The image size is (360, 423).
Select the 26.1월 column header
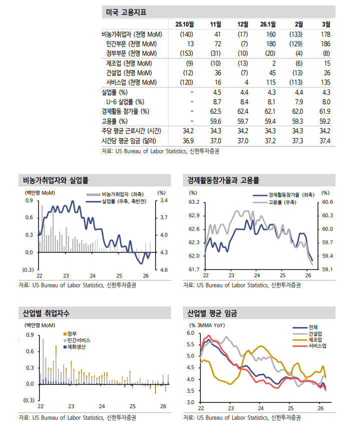[268, 24]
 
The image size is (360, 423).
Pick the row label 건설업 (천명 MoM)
[129, 72]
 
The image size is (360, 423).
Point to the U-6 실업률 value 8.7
[217, 101]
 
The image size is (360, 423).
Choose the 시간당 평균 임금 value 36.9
[188, 140]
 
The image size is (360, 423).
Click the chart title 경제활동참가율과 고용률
[223, 180]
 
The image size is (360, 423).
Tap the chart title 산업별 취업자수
[46, 313]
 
